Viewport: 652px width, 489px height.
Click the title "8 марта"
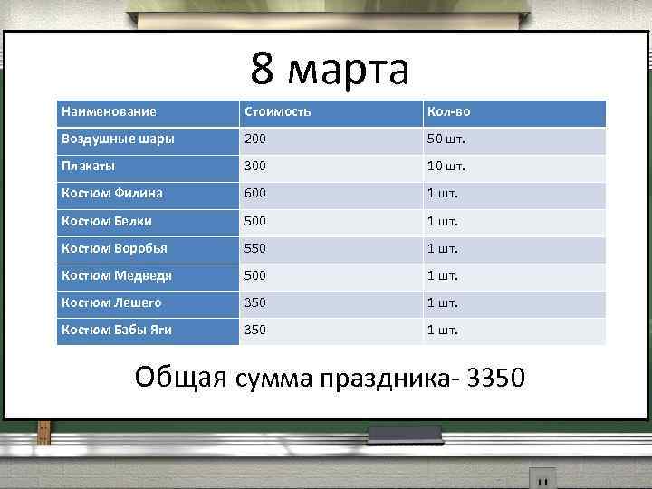coord(330,69)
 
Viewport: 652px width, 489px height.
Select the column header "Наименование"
coord(109,112)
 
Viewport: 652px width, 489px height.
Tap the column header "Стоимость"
coord(276,112)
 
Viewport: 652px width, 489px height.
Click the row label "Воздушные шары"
coord(118,139)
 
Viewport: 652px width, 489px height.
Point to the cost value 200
coord(255,139)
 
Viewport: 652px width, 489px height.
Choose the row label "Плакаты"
coord(88,167)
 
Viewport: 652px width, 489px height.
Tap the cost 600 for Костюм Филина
coord(255,194)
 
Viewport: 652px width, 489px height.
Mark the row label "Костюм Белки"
coord(106,221)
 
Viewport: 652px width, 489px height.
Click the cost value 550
coord(255,248)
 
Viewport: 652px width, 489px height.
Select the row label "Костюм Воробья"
coord(114,248)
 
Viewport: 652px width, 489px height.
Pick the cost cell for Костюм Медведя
coord(255,275)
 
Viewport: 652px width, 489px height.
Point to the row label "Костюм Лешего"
coord(111,302)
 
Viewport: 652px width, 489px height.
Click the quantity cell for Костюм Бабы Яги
coord(443,330)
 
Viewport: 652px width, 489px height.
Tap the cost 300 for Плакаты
coord(255,167)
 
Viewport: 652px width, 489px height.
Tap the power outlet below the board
coord(542,478)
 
